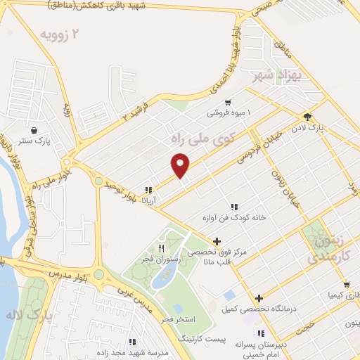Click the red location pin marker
(x=181, y=165)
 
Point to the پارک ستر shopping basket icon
(x=34, y=131)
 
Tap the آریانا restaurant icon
(x=148, y=190)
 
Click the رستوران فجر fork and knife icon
(x=162, y=248)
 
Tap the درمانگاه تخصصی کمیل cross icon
(x=259, y=298)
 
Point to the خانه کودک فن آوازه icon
(x=233, y=207)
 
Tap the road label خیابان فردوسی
(x=259, y=144)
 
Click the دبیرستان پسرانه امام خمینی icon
(x=261, y=333)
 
